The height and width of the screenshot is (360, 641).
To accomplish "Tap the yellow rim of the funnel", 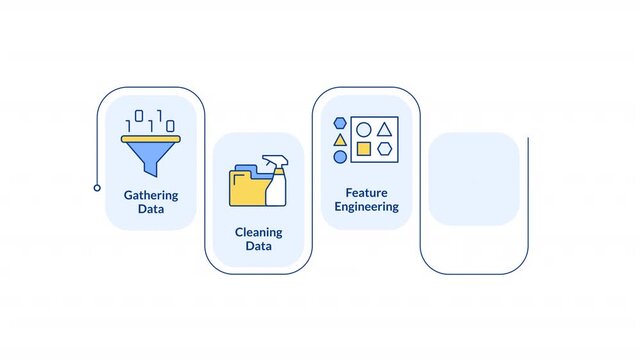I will click(151, 139).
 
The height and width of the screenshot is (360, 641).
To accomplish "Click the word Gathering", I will click(151, 196).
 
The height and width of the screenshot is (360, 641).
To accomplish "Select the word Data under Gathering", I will click(151, 211).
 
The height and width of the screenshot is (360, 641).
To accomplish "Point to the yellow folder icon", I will click(247, 187).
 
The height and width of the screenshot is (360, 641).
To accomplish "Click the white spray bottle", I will click(276, 182).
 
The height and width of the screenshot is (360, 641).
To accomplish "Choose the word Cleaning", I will click(259, 232).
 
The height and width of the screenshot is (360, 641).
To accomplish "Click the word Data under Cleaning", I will click(259, 246).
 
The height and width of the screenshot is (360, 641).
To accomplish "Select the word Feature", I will click(367, 192).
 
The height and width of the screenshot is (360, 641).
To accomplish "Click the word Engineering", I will click(367, 207).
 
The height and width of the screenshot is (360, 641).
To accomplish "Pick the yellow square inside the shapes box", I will click(364, 149).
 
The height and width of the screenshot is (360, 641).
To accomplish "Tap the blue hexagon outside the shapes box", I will click(340, 122).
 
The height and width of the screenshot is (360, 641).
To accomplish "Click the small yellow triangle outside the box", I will click(340, 139).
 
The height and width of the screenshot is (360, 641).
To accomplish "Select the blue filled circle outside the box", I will click(340, 156).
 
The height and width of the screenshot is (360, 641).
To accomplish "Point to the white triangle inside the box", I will click(385, 129).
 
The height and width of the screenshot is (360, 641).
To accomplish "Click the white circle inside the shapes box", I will click(364, 129).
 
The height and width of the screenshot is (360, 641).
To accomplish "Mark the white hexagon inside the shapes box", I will click(385, 149).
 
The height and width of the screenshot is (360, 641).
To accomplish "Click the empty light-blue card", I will click(473, 179).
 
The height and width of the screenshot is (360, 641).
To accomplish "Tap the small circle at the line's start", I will click(97, 187).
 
